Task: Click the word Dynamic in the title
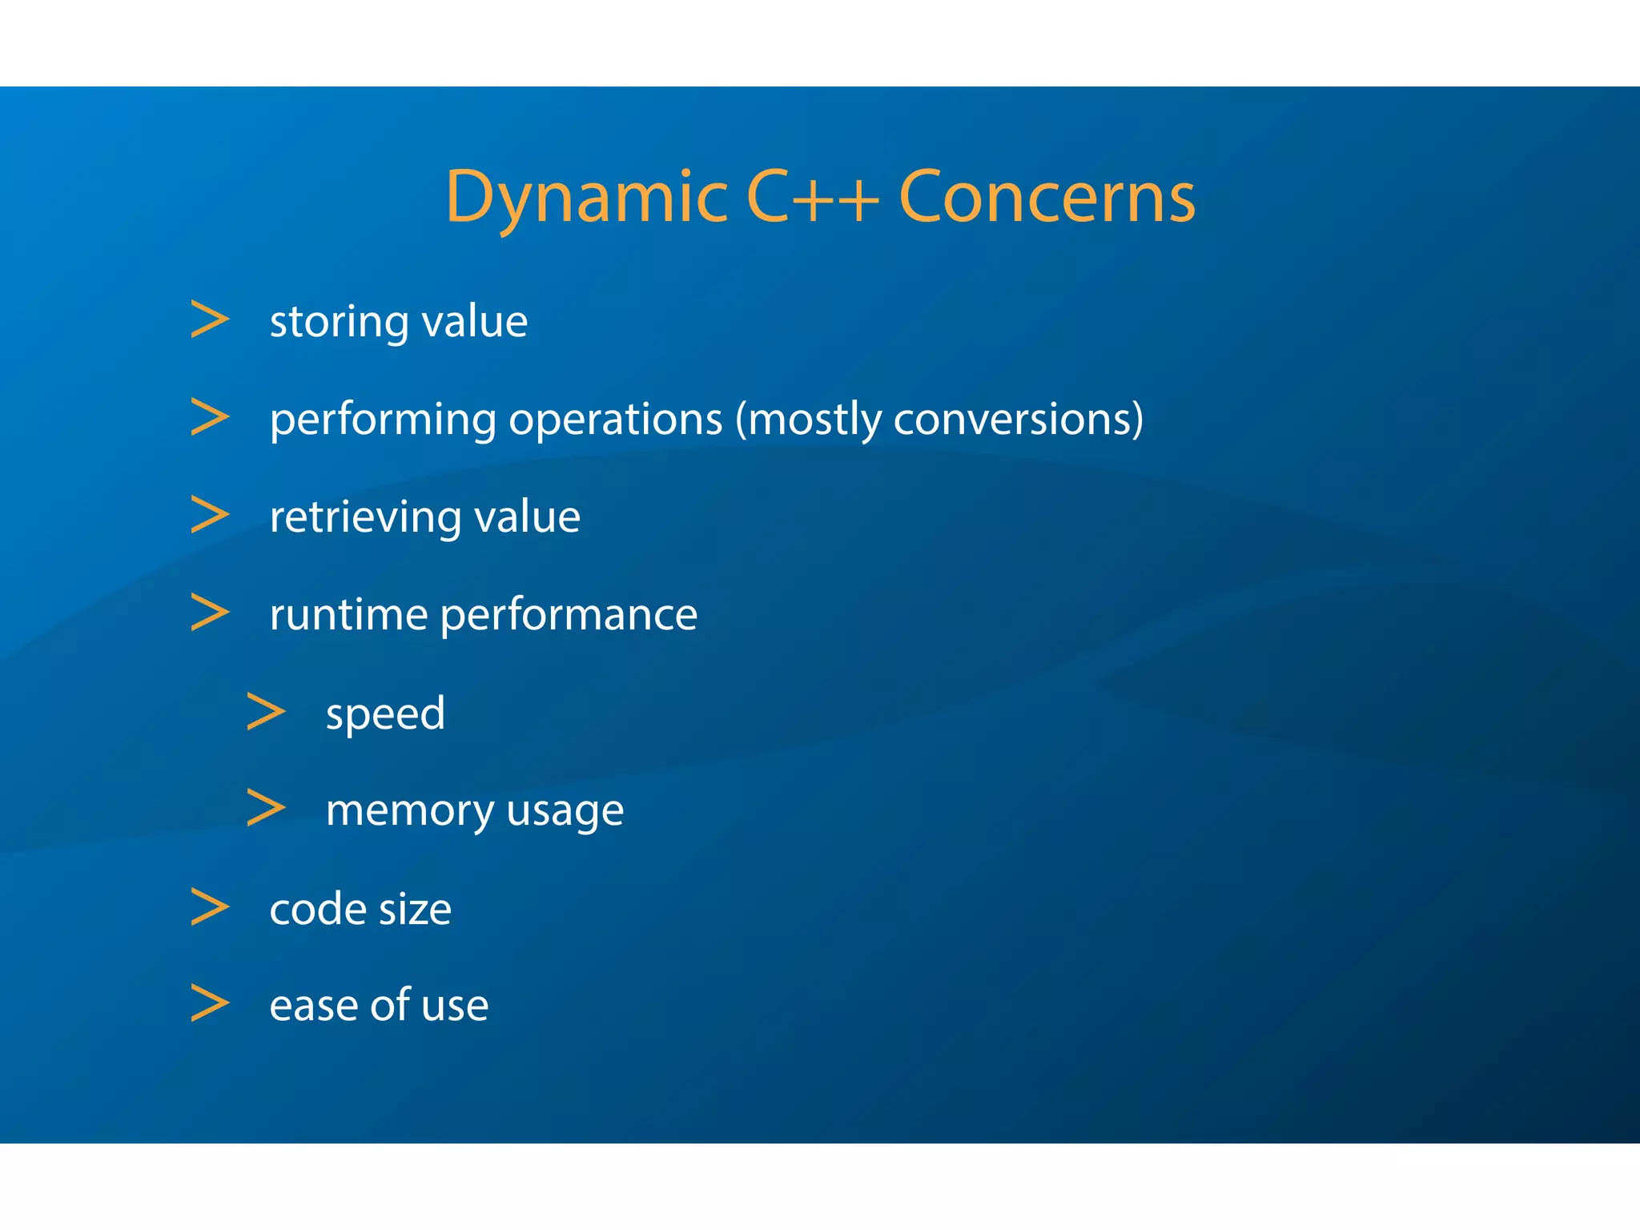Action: [586, 197]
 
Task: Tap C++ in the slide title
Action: [812, 197]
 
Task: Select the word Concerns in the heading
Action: [1047, 197]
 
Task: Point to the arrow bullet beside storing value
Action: [210, 320]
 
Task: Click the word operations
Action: [615, 420]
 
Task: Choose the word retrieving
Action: [365, 517]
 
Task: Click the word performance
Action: [569, 615]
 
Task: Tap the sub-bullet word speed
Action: [385, 714]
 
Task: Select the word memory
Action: [410, 810]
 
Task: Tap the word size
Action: [415, 910]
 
